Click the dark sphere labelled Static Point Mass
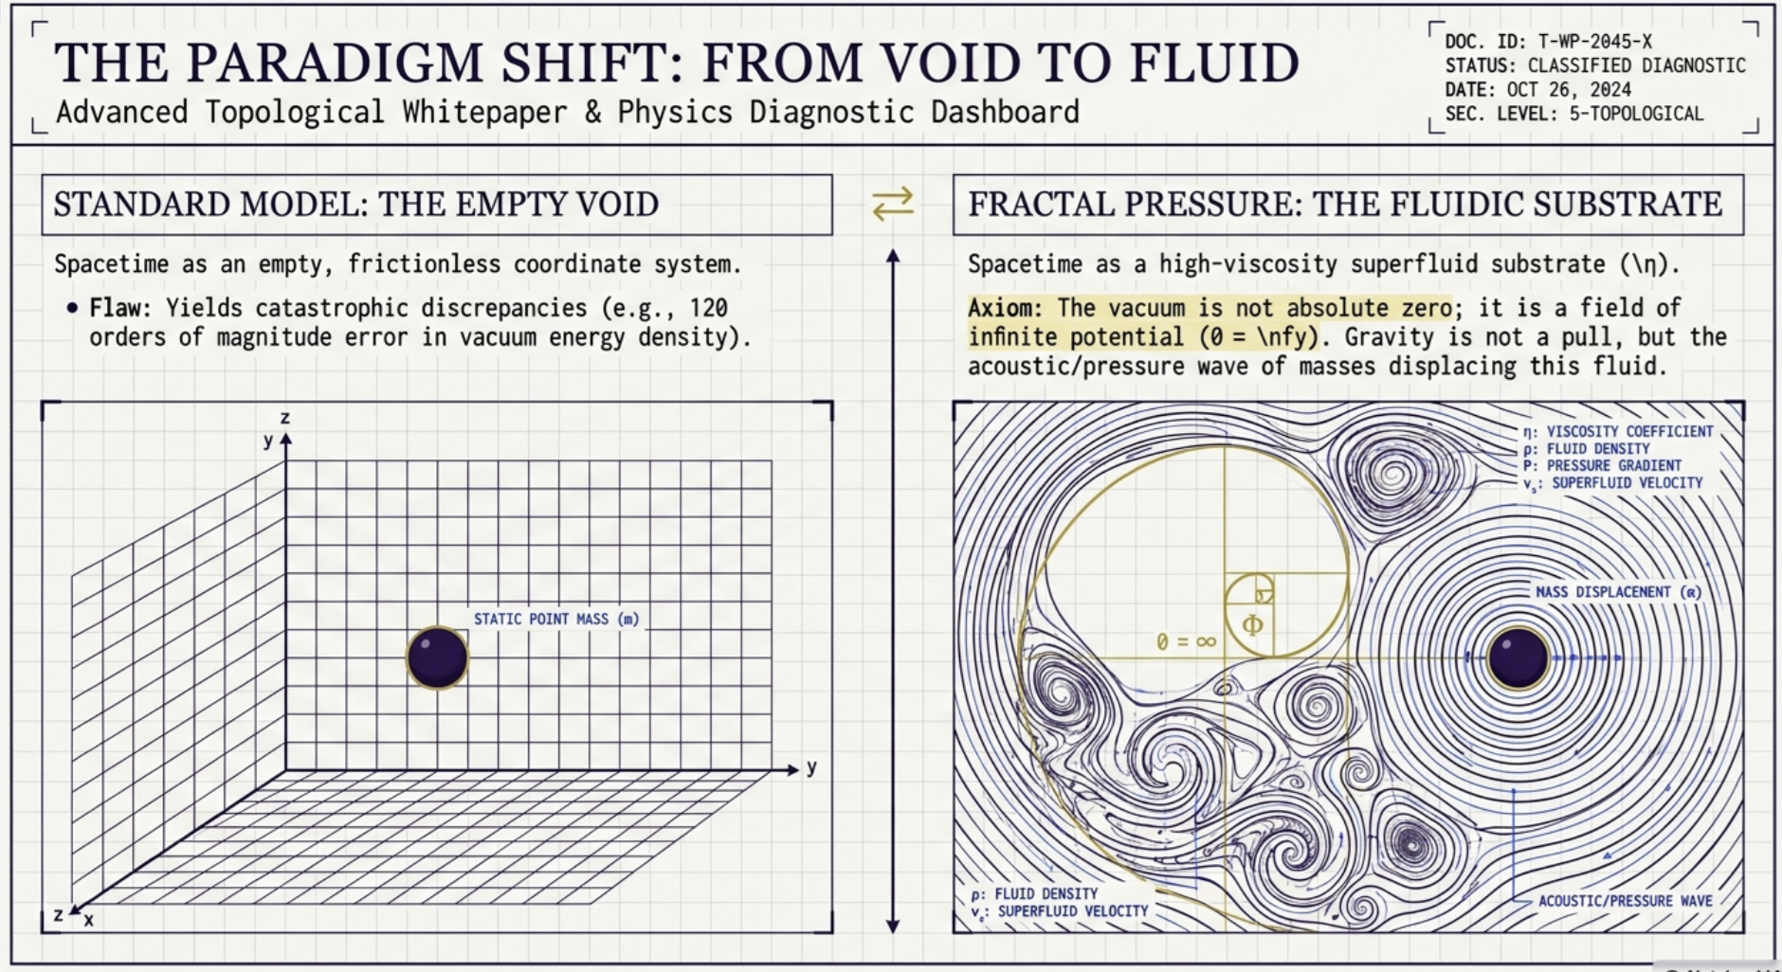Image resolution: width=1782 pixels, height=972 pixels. tap(437, 657)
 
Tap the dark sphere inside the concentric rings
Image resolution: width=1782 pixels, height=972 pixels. tap(1518, 657)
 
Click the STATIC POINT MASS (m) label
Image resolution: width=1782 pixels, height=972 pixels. tap(556, 619)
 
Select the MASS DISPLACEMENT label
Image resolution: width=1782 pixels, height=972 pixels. tap(1618, 592)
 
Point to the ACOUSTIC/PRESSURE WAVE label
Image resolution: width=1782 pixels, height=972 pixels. tap(1625, 901)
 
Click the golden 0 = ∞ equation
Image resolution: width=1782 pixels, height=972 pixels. tap(1186, 641)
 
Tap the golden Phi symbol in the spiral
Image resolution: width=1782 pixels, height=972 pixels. tap(1252, 624)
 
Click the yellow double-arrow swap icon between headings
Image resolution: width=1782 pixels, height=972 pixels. tap(893, 203)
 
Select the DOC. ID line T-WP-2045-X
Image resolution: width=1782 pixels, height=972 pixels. tap(1548, 42)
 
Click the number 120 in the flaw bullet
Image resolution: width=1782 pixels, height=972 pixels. tap(709, 308)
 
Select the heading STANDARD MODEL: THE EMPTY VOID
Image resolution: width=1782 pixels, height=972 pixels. tap(355, 204)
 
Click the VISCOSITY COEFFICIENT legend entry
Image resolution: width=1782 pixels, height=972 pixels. tap(1618, 431)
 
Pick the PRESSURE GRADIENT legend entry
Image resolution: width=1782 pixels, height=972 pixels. tap(1602, 465)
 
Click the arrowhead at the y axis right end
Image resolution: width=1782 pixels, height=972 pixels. tap(793, 770)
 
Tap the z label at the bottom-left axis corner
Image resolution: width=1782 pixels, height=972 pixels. tap(58, 914)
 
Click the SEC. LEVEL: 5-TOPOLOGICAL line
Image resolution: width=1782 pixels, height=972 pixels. tap(1573, 114)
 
